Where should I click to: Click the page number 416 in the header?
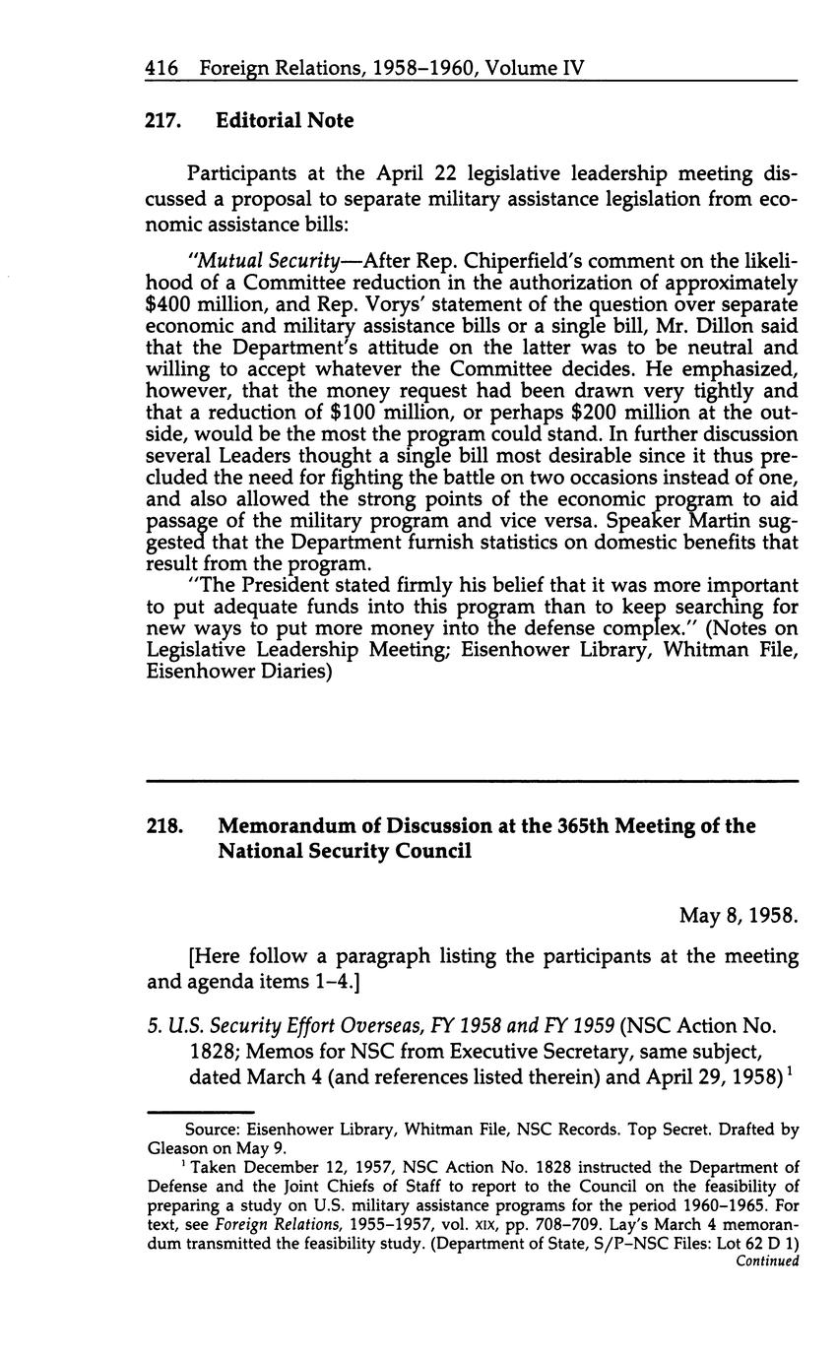[161, 69]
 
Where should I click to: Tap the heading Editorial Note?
[285, 121]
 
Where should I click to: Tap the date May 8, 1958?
[738, 916]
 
